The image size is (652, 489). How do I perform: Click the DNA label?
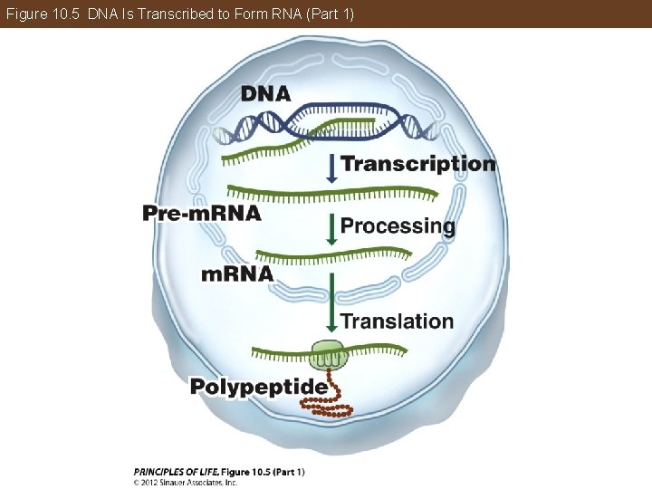(265, 93)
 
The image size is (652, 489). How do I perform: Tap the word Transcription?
(418, 164)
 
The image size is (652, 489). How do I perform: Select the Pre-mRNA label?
(202, 214)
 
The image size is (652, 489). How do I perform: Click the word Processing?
(398, 225)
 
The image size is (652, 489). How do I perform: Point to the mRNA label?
(236, 273)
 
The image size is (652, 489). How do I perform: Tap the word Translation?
(397, 321)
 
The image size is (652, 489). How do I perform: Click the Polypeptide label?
(258, 387)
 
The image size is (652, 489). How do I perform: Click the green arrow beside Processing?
(331, 229)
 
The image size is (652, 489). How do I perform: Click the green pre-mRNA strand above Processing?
(331, 193)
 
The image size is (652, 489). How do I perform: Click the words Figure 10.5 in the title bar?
(43, 13)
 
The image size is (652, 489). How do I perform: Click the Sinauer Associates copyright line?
(185, 482)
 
